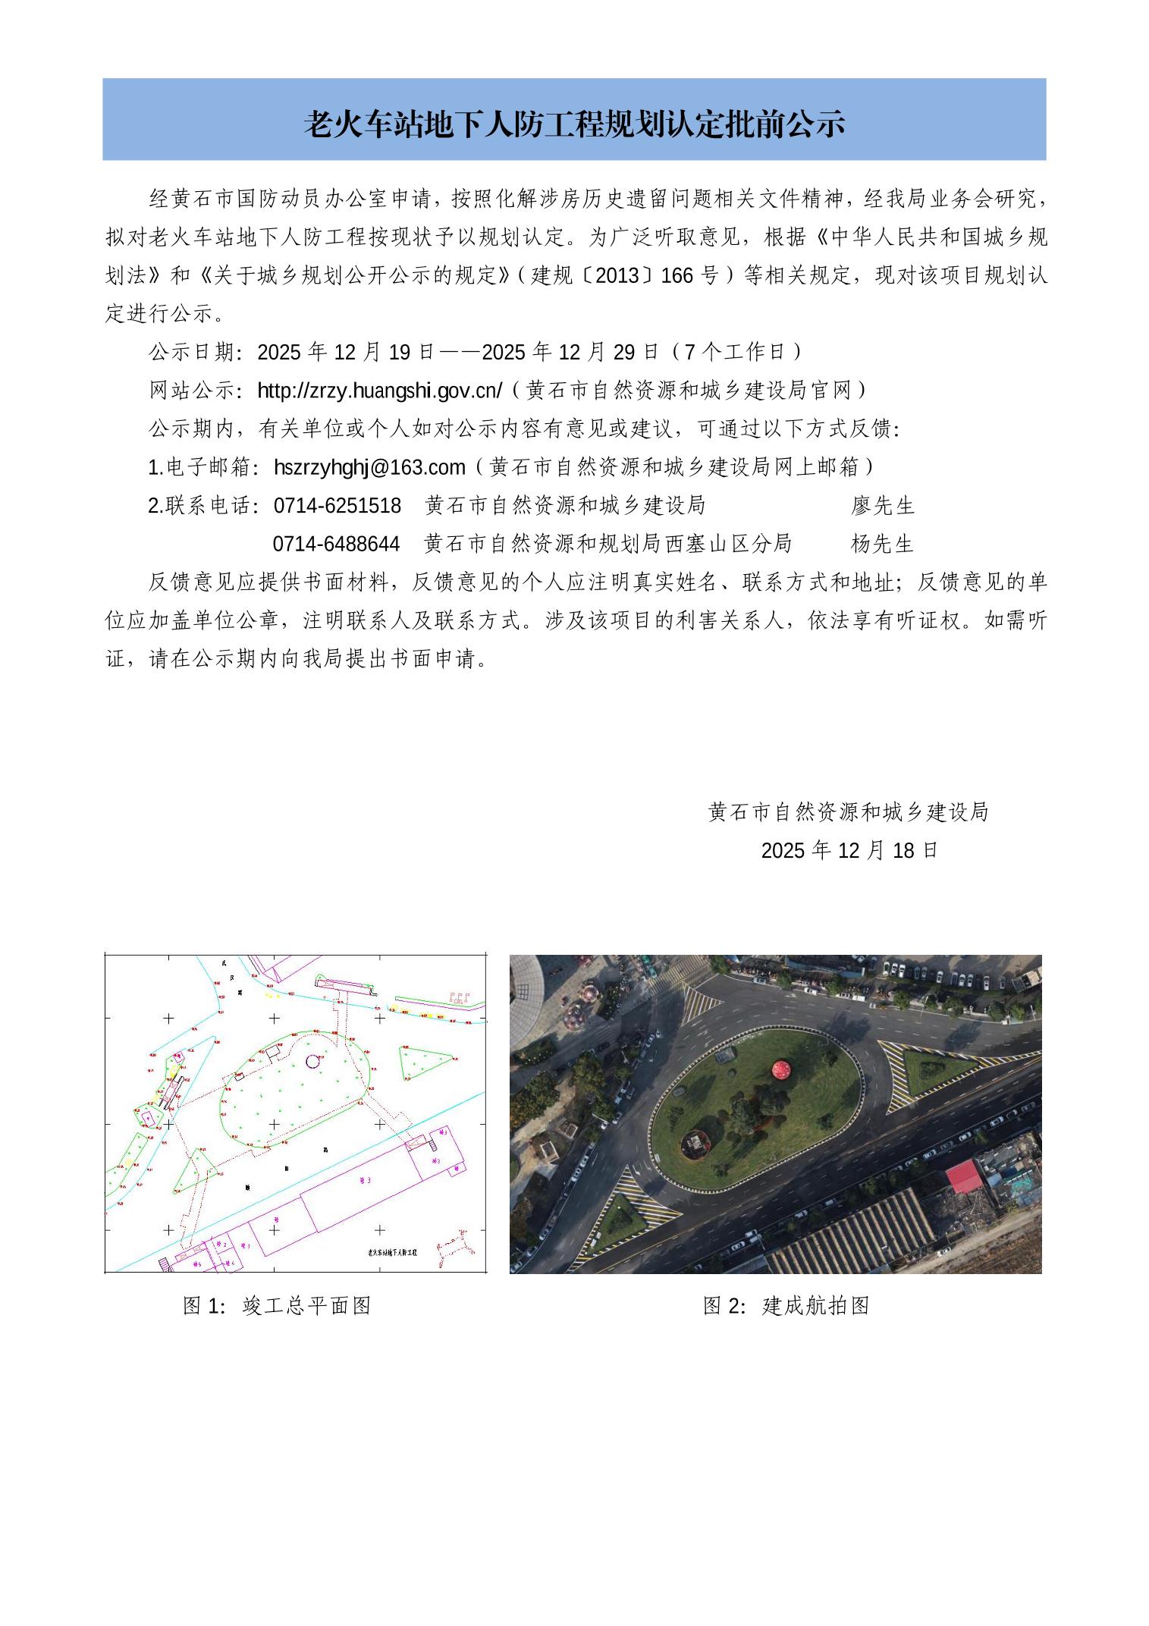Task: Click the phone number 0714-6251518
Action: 337,505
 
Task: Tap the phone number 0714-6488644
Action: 336,544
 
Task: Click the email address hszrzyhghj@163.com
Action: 369,467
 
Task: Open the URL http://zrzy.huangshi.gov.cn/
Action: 380,391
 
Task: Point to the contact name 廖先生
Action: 883,505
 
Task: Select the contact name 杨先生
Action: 882,544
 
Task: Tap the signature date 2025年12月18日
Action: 849,850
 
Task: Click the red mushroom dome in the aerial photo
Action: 782,1069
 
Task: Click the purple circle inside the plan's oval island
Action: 312,1061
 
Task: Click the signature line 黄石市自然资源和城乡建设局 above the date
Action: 848,812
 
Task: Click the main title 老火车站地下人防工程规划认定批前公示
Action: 574,124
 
